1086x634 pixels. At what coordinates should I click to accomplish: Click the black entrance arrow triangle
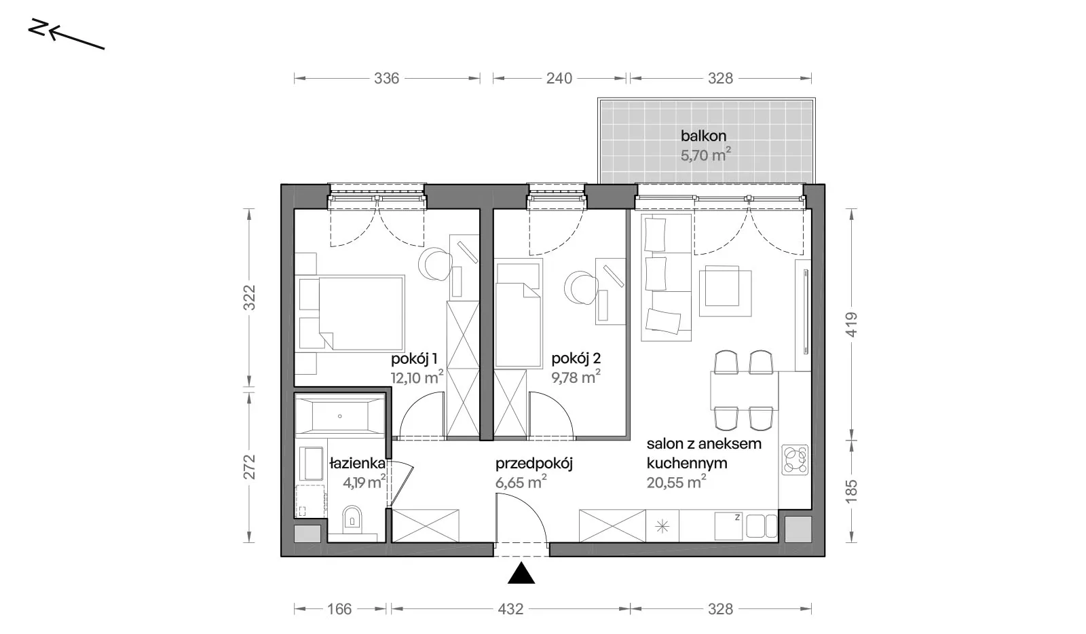point(521,573)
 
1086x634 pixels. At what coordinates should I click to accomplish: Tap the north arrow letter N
point(37,28)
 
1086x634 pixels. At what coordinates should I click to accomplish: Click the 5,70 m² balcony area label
point(705,155)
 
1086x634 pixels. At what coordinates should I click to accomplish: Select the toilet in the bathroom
point(352,518)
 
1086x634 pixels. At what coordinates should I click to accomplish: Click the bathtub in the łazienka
point(340,416)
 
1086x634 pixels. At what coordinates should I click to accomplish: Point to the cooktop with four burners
point(795,460)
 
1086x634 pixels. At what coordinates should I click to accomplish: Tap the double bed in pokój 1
point(351,313)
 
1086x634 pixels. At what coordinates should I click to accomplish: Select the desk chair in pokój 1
point(435,265)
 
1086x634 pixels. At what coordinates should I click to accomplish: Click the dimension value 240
point(559,78)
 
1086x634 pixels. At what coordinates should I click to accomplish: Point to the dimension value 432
point(510,609)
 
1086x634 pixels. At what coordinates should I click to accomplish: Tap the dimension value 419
point(851,324)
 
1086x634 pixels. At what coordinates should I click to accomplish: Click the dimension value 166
point(339,609)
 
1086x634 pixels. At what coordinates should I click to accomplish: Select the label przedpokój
point(533,464)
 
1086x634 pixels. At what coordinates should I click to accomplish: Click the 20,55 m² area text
point(676,482)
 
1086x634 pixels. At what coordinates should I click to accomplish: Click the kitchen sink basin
point(761,526)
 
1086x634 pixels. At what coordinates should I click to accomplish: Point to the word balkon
point(703,136)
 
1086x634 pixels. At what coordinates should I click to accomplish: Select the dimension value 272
point(248,467)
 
